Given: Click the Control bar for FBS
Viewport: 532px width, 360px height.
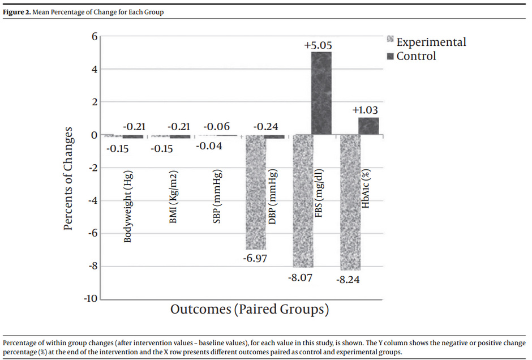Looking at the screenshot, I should [x=321, y=93].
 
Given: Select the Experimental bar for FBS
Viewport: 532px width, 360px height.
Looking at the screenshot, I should [x=303, y=201].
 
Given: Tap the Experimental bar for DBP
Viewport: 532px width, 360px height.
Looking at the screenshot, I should [x=255, y=192].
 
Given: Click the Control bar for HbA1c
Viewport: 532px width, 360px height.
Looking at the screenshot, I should [x=368, y=126].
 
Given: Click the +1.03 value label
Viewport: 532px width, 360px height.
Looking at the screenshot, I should [x=365, y=110].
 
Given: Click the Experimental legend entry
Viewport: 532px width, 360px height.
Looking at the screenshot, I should [x=431, y=42].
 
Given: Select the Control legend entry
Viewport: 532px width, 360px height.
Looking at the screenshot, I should [x=416, y=56].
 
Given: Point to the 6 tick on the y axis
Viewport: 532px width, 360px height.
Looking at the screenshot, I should [x=95, y=36].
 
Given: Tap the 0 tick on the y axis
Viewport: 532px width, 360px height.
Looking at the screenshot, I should [x=95, y=135].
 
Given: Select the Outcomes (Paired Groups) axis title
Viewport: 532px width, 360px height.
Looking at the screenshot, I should [x=249, y=310].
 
